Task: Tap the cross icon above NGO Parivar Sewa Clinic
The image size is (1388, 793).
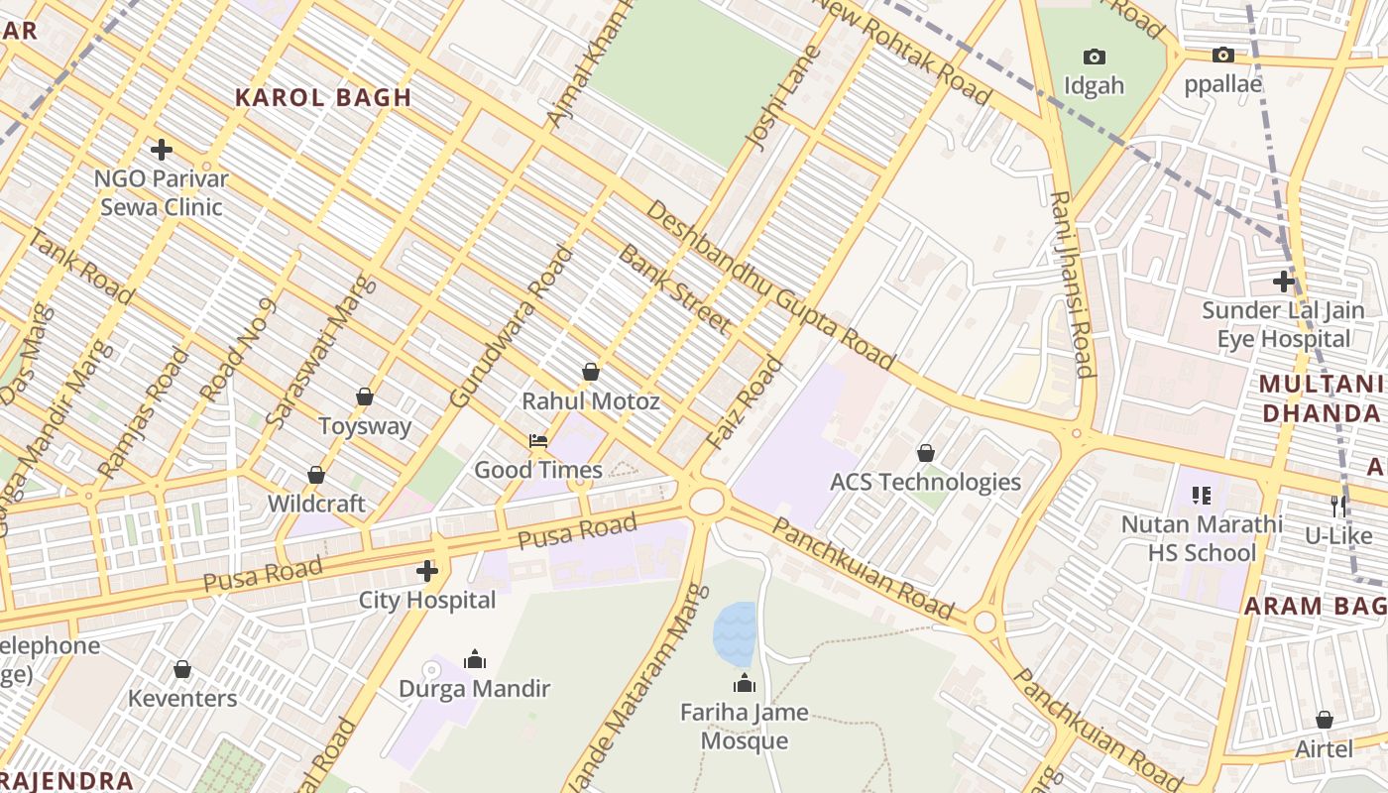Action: pyautogui.click(x=162, y=150)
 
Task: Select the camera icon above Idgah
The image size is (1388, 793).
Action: pyautogui.click(x=1095, y=57)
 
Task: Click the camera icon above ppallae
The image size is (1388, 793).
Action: pyautogui.click(x=1223, y=55)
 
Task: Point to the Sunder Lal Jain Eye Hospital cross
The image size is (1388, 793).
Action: pyautogui.click(x=1284, y=281)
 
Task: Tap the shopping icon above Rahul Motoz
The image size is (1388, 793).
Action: pyautogui.click(x=591, y=372)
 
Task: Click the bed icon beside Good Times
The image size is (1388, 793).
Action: pyautogui.click(x=538, y=440)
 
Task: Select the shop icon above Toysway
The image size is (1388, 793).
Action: pyautogui.click(x=365, y=396)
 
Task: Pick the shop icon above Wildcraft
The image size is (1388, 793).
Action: pyautogui.click(x=316, y=475)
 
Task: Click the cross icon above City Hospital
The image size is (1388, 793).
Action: pyautogui.click(x=427, y=571)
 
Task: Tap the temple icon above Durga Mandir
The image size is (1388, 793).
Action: pyautogui.click(x=475, y=659)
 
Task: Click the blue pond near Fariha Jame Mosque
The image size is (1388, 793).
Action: pyautogui.click(x=735, y=632)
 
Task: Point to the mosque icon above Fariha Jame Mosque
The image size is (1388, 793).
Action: pyautogui.click(x=745, y=683)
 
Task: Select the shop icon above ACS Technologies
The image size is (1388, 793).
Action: pyautogui.click(x=925, y=453)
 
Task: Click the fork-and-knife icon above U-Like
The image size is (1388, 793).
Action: pyautogui.click(x=1338, y=506)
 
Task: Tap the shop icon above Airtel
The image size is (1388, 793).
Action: pyautogui.click(x=1325, y=720)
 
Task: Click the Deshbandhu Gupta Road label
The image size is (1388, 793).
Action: pyautogui.click(x=770, y=285)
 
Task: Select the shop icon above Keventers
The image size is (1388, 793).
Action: pyautogui.click(x=182, y=669)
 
